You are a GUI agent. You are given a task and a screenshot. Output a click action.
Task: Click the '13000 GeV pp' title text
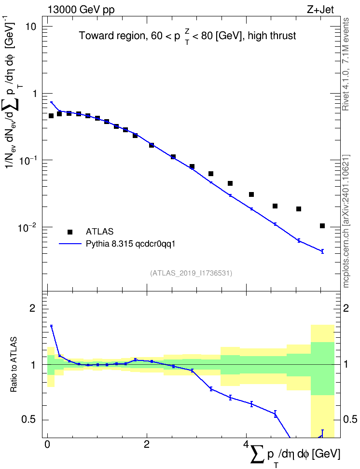(x=81, y=10)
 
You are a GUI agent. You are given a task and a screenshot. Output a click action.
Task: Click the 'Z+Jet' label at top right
(x=320, y=10)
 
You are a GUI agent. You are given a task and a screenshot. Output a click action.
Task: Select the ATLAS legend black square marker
(x=70, y=232)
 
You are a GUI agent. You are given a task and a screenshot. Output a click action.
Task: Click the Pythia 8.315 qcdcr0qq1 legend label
(x=130, y=244)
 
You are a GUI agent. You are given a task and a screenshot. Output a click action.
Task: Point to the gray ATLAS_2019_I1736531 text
(x=191, y=273)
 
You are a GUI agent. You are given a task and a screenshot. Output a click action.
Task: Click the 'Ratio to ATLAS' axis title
(x=14, y=365)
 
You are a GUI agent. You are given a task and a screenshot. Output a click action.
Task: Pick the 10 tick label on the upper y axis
(x=30, y=27)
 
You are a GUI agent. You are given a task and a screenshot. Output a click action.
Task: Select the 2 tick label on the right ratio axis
(x=346, y=308)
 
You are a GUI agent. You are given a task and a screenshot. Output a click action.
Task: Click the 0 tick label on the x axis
(x=47, y=444)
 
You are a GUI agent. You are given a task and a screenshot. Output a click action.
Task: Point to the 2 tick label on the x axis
(x=147, y=444)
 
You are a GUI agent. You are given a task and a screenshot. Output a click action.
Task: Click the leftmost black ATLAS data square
(x=51, y=116)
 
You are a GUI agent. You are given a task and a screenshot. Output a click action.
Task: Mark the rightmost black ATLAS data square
(x=322, y=226)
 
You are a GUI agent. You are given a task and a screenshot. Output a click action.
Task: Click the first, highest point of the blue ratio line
(x=52, y=326)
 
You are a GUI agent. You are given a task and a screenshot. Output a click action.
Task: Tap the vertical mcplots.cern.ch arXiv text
(x=346, y=221)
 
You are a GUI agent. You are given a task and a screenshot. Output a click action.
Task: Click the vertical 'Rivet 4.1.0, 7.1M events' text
(x=346, y=64)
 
